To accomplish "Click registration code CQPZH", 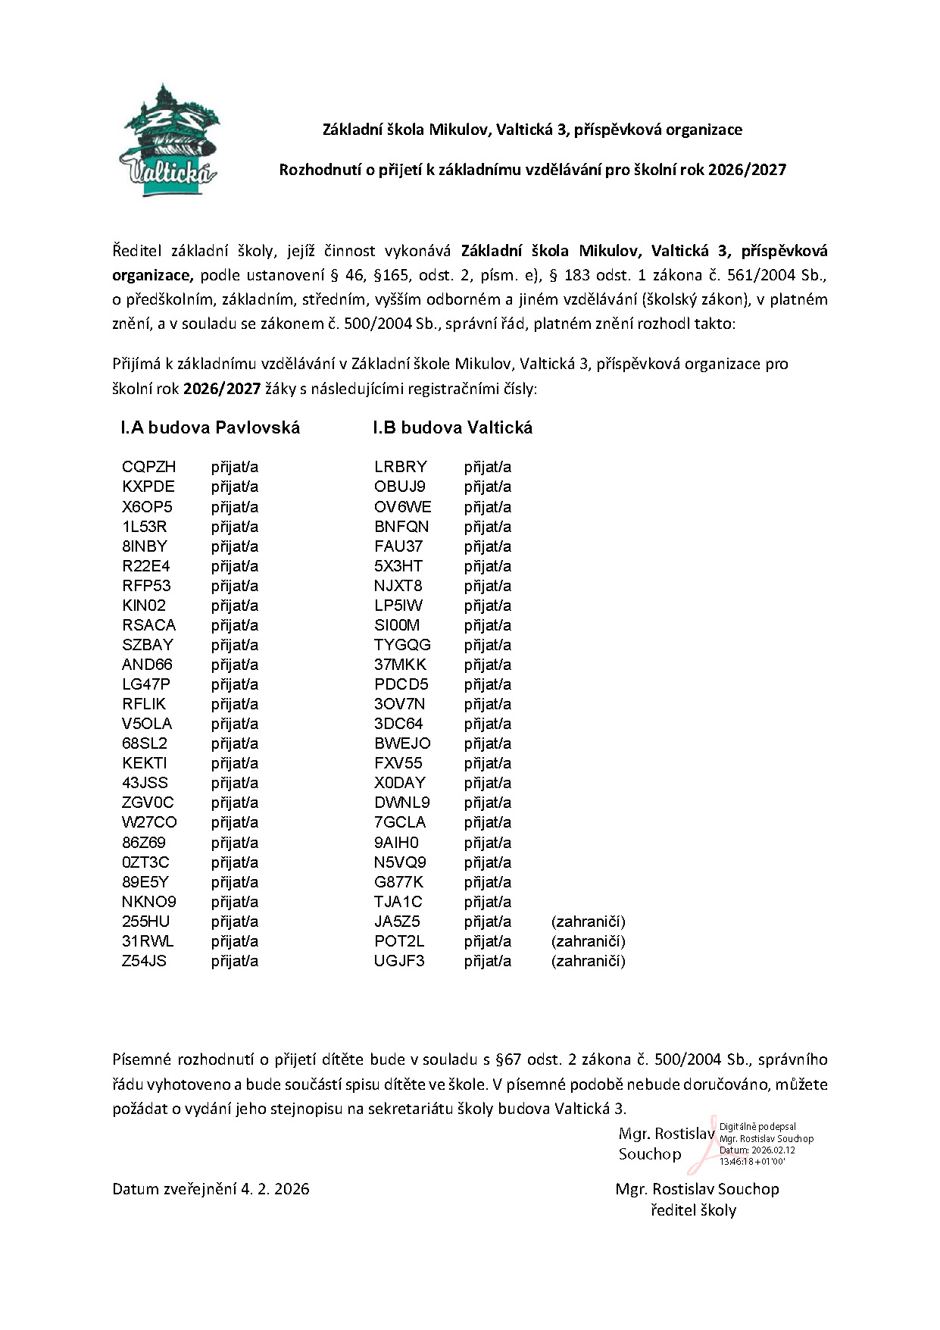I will (148, 467).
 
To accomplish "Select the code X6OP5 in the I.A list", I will (147, 506).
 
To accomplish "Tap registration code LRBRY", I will (401, 467).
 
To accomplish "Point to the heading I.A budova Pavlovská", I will (211, 427).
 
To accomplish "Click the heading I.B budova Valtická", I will (452, 427).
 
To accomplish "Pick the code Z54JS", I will (144, 961).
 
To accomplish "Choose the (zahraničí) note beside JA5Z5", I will (589, 922).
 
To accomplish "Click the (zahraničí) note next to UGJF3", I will (589, 961).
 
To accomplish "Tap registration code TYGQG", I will (402, 645).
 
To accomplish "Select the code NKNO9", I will (149, 902).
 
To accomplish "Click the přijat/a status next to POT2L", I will (488, 941).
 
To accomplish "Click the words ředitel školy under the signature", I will (693, 1210).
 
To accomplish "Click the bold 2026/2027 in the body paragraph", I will (222, 390).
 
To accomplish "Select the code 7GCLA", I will (400, 822).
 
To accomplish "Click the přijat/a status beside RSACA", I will (235, 625).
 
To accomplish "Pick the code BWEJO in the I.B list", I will (402, 743).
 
